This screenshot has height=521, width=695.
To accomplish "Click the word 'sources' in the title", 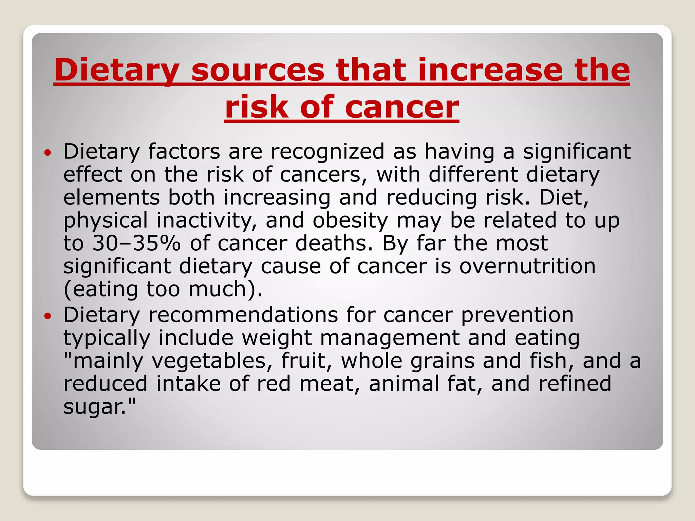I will pyautogui.click(x=258, y=70).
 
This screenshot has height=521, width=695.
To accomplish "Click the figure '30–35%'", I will pyautogui.click(x=136, y=243).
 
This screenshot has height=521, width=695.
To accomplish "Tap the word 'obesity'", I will pyautogui.click(x=350, y=220).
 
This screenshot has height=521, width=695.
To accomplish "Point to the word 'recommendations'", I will pyautogui.click(x=243, y=315).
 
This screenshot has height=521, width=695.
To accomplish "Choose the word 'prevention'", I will pyautogui.click(x=517, y=315).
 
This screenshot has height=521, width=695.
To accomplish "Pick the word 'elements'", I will pyautogui.click(x=111, y=197).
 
